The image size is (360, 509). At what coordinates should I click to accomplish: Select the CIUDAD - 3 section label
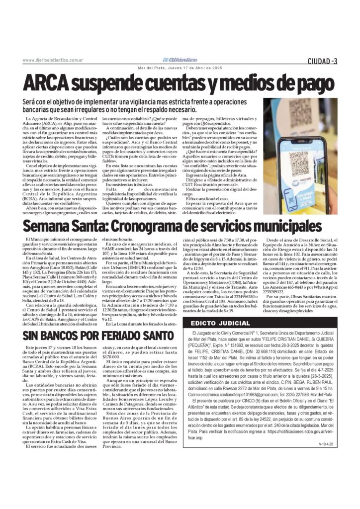[x=322, y=61]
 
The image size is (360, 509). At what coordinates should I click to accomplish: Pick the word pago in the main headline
[x=311, y=83]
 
